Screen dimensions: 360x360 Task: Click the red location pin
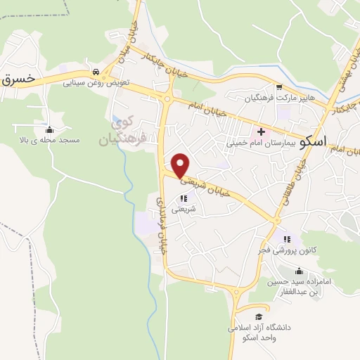click(x=181, y=165)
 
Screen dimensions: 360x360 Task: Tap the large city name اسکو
click(x=311, y=141)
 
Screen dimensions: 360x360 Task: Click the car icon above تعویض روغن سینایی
click(x=95, y=71)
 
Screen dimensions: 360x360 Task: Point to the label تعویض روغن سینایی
click(x=98, y=82)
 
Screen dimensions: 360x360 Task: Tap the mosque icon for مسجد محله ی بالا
click(x=49, y=129)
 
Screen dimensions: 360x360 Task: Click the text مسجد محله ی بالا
click(x=50, y=141)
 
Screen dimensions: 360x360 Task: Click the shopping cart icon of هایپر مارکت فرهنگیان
click(x=279, y=87)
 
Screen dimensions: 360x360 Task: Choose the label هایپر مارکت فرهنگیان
click(x=278, y=98)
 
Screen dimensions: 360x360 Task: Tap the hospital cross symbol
click(x=261, y=131)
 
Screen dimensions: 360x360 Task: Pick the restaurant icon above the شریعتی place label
click(x=193, y=198)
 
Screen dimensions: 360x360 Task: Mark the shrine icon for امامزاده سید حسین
click(x=298, y=271)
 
